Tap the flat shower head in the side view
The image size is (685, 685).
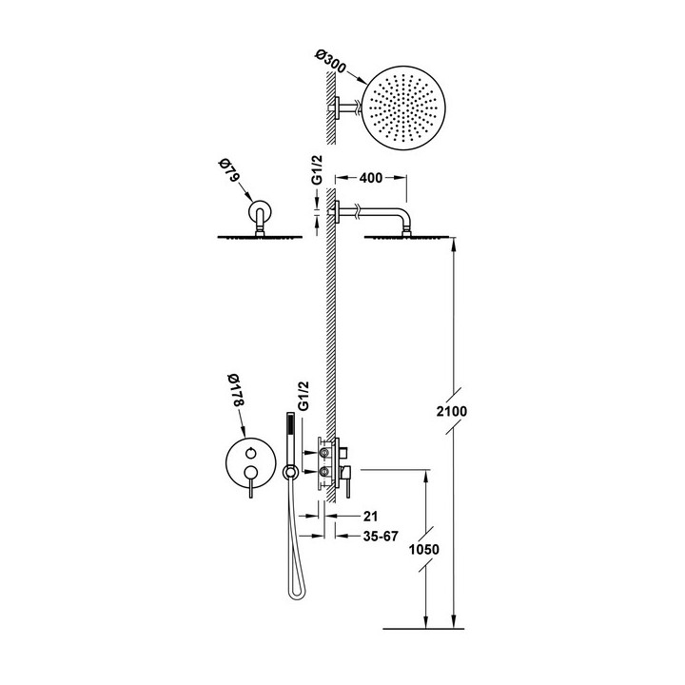coord(410,237)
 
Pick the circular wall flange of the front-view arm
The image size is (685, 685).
coord(258,210)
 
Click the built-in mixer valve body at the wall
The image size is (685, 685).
coord(328,463)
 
